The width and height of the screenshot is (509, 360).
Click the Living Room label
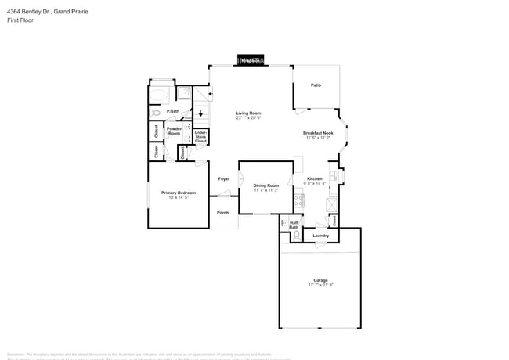coord(248,113)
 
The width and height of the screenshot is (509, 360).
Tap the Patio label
coord(316,85)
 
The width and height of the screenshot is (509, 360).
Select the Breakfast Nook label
coord(319,133)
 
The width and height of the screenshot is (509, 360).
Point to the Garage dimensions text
coord(320,284)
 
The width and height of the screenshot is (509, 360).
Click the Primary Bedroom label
coord(179,193)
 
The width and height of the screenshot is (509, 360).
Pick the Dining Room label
coord(266,185)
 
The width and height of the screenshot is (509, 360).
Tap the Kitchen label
coord(314,178)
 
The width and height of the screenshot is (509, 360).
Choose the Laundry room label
coord(320,236)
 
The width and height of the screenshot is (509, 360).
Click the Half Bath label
coord(294,225)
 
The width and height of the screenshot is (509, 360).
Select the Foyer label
coord(223,179)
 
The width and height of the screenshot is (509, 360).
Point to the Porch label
coord(222,213)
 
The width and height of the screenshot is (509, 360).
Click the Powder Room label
coord(174,131)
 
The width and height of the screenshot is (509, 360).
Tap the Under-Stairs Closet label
coord(200,138)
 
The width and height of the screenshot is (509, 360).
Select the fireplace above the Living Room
coord(251,60)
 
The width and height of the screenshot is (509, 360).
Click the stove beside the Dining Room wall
coord(298,200)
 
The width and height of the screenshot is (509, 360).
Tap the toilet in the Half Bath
coord(284,233)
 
